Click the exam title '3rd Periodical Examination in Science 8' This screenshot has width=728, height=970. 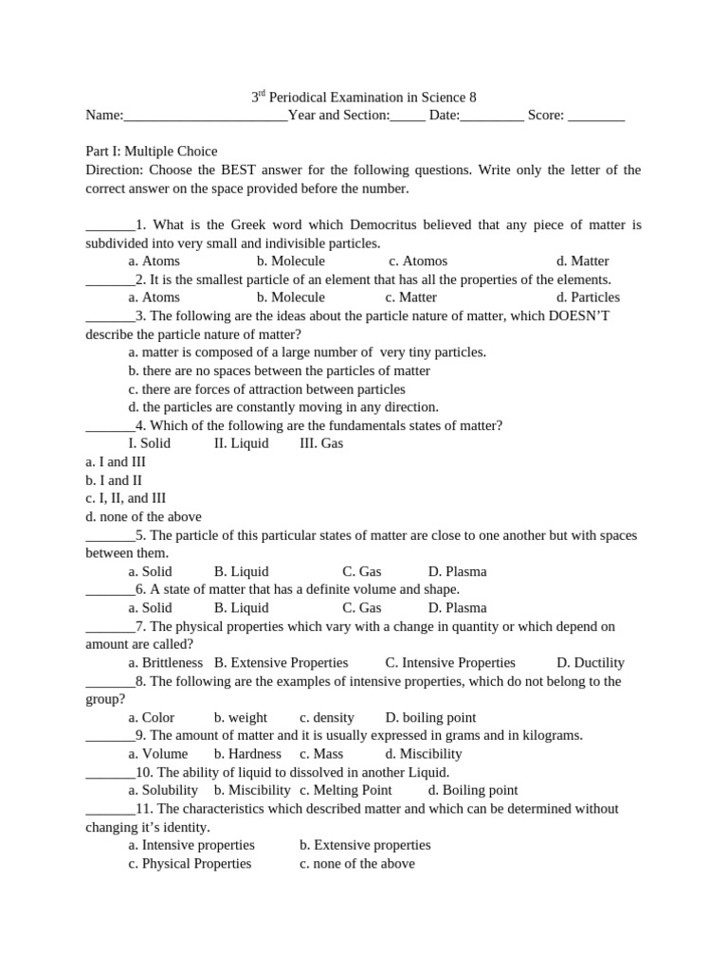click(x=363, y=98)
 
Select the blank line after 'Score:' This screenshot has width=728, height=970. click(x=596, y=116)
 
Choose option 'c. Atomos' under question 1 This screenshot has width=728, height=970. click(x=417, y=261)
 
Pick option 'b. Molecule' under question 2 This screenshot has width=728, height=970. click(x=290, y=297)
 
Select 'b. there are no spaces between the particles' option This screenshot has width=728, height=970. click(x=279, y=371)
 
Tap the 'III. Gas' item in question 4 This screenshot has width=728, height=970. click(x=321, y=443)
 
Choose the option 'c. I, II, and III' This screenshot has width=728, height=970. click(x=125, y=498)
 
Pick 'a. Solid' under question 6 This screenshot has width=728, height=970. click(x=150, y=608)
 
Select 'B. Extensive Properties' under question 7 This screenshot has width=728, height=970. click(x=281, y=663)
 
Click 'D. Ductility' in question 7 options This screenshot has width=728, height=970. click(x=590, y=663)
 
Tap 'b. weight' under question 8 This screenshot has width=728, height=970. click(x=241, y=718)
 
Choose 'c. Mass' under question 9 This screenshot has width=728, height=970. click(x=321, y=754)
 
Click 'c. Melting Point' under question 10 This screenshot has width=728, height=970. click(x=345, y=790)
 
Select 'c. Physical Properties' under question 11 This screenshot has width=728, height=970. click(x=190, y=864)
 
